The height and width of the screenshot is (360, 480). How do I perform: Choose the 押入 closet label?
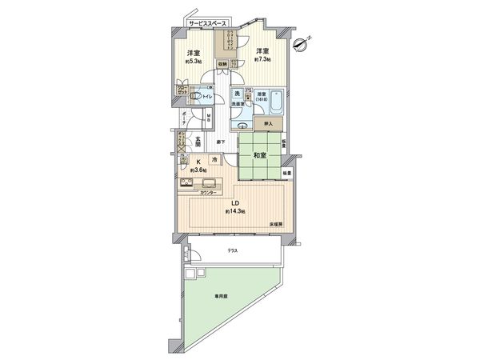coord(268,124)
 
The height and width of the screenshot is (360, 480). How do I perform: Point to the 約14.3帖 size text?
coord(235,212)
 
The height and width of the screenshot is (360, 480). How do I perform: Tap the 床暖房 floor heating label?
coord(275,225)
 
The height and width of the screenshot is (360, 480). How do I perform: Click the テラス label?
coord(232,250)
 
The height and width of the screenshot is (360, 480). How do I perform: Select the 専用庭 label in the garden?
coord(219,296)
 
